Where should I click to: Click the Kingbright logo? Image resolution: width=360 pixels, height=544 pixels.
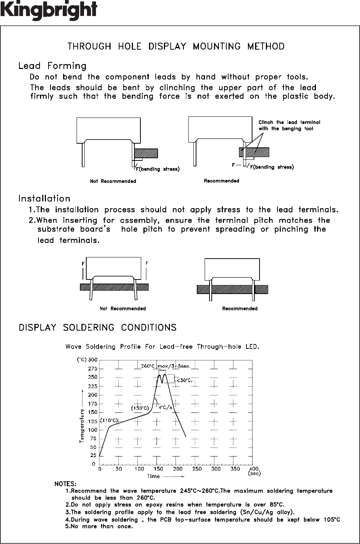click(49, 10)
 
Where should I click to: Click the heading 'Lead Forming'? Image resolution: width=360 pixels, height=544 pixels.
click(52, 66)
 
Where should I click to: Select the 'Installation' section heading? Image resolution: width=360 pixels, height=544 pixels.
click(44, 198)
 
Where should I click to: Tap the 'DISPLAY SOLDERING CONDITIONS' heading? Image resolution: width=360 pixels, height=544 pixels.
click(97, 328)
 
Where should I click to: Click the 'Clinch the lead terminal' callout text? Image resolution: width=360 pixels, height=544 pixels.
click(289, 122)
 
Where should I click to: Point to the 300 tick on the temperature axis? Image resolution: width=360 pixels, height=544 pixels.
click(93, 360)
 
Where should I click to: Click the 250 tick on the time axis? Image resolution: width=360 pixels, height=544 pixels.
click(197, 469)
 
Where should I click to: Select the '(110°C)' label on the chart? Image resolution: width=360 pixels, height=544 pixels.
click(109, 420)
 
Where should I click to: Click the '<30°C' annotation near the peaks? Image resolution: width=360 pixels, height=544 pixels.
click(184, 380)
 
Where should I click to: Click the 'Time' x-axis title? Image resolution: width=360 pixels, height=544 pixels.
click(153, 476)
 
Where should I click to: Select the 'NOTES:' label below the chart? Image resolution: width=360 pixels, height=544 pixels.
click(65, 484)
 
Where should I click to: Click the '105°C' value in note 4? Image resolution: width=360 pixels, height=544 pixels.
click(332, 519)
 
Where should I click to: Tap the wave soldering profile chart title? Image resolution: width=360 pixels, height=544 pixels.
click(162, 347)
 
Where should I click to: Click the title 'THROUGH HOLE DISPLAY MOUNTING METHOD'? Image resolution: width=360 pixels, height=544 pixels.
click(176, 47)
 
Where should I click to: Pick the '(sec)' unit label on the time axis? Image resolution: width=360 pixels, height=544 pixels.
click(254, 473)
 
